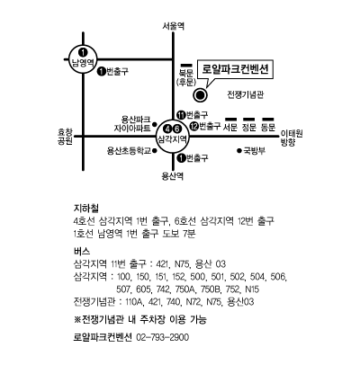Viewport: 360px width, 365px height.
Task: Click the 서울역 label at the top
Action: click(173, 26)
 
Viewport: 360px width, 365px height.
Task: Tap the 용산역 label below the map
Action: click(172, 176)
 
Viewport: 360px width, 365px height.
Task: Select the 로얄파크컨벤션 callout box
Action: click(236, 70)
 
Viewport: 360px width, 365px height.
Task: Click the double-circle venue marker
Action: click(200, 95)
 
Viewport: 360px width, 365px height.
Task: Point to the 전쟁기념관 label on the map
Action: click(246, 94)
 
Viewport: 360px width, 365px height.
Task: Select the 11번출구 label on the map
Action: click(193, 115)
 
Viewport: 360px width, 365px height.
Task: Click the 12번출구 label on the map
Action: click(205, 127)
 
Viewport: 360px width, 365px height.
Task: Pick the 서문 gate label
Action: click(230, 128)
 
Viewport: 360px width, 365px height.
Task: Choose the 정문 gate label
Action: click(249, 128)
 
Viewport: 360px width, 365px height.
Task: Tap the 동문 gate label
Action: click(268, 128)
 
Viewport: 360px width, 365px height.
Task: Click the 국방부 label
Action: click(251, 150)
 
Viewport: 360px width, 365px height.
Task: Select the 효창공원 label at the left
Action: click(65, 137)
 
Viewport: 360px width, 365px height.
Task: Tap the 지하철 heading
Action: click(86, 208)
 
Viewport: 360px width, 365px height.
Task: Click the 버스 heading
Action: click(82, 251)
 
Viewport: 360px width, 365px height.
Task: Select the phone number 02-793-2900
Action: click(163, 337)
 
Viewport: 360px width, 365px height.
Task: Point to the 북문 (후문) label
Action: click(186, 77)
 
